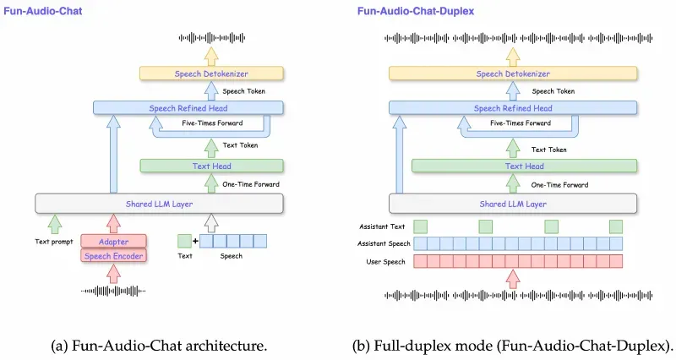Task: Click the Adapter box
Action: click(113, 241)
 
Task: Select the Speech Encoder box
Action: click(113, 256)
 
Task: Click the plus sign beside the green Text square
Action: click(196, 241)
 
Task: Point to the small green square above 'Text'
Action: click(185, 241)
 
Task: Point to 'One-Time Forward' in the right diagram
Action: click(560, 184)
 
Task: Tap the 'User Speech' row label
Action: click(385, 261)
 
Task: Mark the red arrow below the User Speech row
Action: click(512, 278)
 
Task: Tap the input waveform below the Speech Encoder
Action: click(113, 292)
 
